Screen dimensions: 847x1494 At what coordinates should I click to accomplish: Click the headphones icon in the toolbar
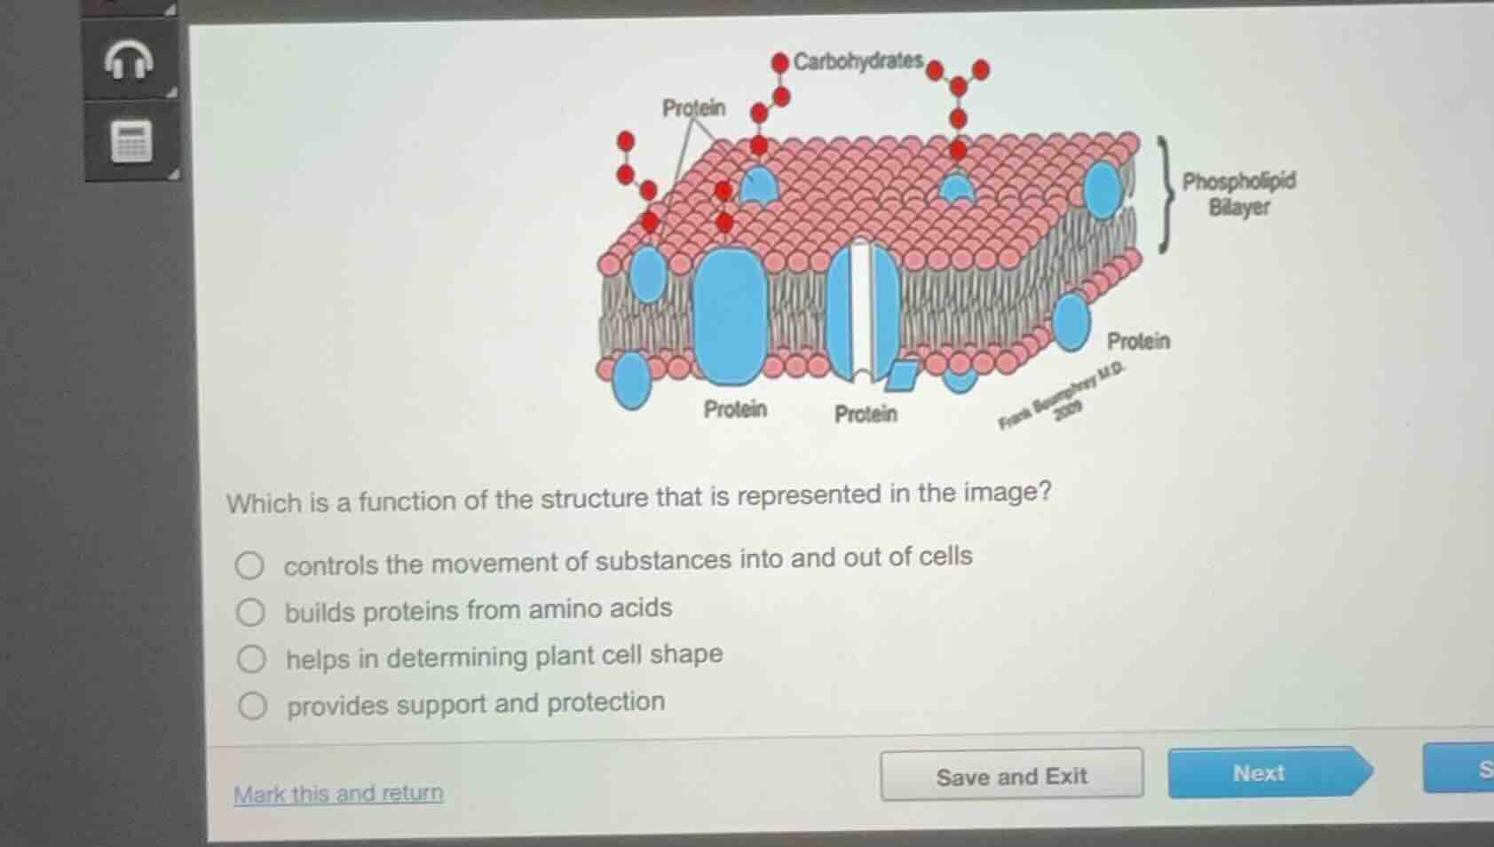pos(130,60)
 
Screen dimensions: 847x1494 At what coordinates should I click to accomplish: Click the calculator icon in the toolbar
pos(131,142)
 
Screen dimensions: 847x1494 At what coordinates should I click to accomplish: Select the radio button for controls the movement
pos(249,566)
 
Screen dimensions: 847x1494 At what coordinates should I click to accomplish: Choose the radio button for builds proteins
pos(250,612)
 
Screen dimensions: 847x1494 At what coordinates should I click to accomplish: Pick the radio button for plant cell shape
pos(251,659)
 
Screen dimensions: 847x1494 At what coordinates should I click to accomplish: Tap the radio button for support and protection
pos(252,706)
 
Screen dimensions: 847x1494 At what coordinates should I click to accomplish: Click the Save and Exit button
pos(1011,776)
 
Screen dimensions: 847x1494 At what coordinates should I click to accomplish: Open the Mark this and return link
pos(338,793)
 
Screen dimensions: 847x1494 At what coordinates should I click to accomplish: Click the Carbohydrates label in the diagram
pos(858,61)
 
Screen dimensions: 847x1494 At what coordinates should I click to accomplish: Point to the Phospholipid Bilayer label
pos(1238,194)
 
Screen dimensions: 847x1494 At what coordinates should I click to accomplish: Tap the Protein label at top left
pos(693,108)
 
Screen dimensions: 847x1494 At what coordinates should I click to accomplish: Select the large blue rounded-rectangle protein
pos(730,315)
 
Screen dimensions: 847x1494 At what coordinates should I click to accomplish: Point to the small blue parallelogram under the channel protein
pos(902,375)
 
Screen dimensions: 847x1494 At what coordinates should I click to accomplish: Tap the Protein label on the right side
pos(1138,341)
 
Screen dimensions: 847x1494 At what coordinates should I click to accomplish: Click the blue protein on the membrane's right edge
pos(1103,189)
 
